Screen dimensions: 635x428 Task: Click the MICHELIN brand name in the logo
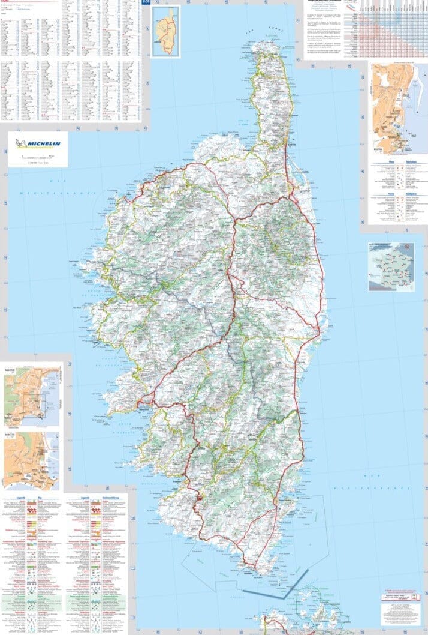[46, 143]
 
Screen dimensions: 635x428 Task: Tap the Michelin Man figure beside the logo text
[23, 143]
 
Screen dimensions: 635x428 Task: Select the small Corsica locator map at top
[166, 31]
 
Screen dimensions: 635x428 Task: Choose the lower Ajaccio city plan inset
[32, 460]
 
